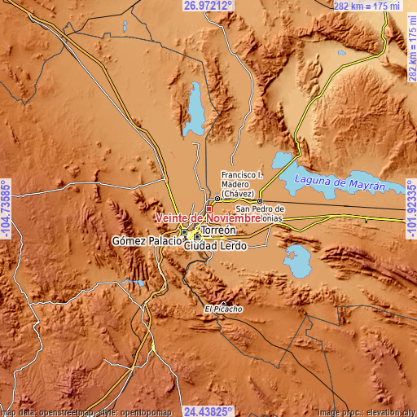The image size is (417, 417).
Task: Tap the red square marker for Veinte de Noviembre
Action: (208, 209)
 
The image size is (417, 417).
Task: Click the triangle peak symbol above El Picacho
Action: (223, 301)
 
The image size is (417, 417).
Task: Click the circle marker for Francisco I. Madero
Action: (217, 199)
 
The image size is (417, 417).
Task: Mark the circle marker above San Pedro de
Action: (260, 200)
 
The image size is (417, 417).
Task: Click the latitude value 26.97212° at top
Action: (207, 6)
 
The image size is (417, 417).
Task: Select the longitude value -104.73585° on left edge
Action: (6, 208)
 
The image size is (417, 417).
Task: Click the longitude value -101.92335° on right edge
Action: (410, 208)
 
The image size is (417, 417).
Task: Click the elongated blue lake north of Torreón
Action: (195, 110)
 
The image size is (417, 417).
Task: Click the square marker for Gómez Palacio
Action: (184, 231)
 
